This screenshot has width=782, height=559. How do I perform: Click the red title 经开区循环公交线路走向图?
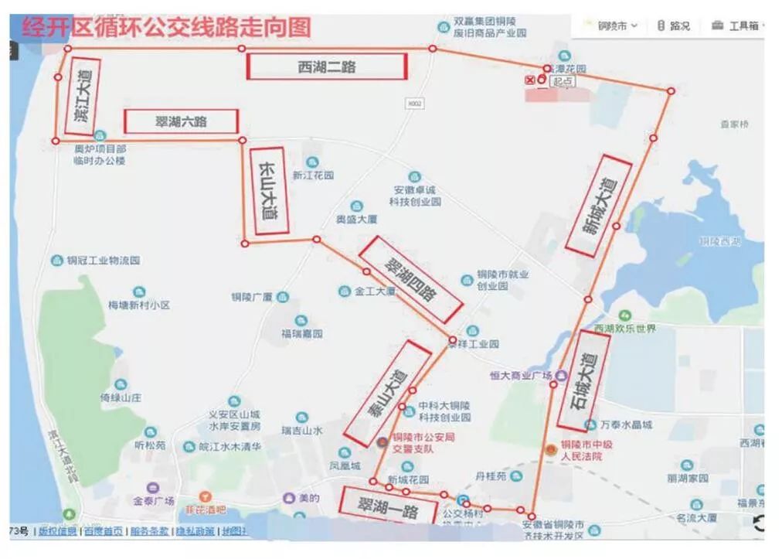click(166, 29)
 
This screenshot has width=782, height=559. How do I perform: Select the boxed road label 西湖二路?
click(326, 66)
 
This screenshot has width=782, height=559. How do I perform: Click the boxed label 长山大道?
click(270, 190)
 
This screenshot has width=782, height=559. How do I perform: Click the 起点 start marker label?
click(562, 80)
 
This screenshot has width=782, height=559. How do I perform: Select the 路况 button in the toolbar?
click(673, 26)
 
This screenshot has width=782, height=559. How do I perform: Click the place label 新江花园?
click(313, 176)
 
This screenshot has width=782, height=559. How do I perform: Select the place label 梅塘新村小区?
click(139, 305)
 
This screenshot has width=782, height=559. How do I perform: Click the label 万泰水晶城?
click(626, 424)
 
